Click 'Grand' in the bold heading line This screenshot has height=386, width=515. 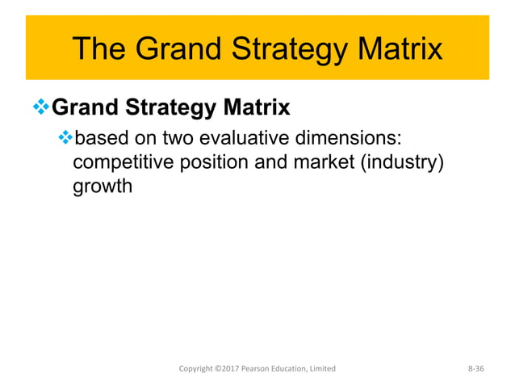(83, 107)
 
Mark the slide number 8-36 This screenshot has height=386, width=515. (480, 368)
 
